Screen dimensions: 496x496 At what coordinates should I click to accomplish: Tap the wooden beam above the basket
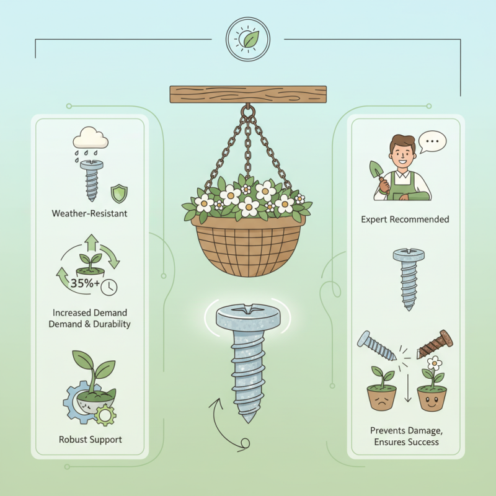tap(248, 94)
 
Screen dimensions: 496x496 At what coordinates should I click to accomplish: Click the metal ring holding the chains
tap(248, 112)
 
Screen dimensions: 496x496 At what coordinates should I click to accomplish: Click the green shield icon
tap(119, 193)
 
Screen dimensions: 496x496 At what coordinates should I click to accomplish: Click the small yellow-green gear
tap(105, 414)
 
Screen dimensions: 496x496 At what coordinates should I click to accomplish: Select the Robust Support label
tap(90, 440)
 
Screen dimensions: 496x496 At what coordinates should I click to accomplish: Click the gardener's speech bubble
tap(432, 142)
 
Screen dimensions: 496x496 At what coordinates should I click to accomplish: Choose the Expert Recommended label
tap(405, 219)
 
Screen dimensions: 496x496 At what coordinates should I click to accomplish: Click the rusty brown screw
tap(435, 344)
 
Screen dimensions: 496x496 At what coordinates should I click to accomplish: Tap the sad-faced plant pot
tap(382, 397)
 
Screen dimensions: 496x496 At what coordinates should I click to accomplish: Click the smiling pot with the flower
tap(432, 397)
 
